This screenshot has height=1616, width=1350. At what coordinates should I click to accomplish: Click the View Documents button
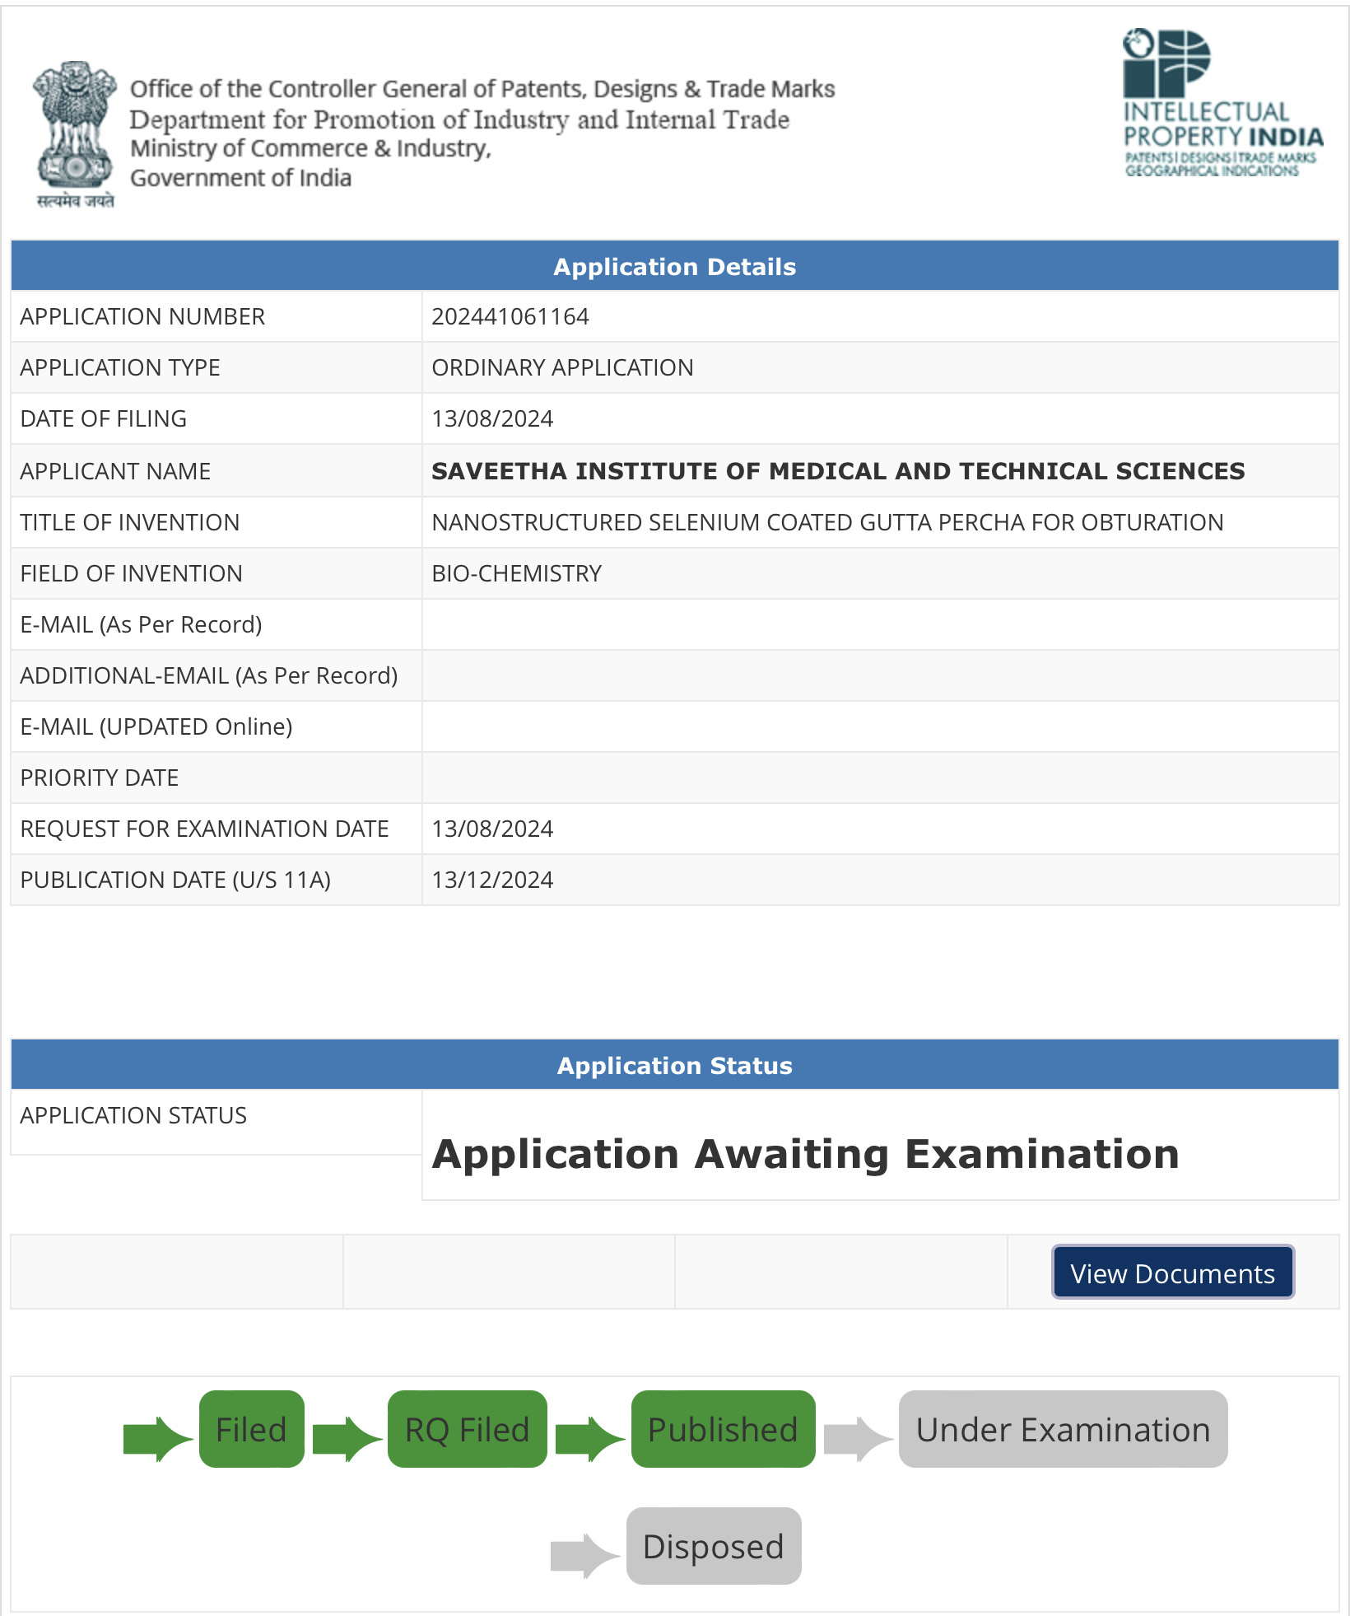coord(1172,1273)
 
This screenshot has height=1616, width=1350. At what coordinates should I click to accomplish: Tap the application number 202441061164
coord(510,316)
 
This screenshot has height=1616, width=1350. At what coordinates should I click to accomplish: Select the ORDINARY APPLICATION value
coord(562,367)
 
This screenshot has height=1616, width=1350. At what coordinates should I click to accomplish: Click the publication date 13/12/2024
coord(492,880)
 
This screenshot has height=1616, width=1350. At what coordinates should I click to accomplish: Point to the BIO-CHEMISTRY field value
coord(516,573)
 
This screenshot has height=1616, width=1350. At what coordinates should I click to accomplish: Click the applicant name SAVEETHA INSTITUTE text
coord(837,471)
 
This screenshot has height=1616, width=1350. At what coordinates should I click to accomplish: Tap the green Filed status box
coord(251,1429)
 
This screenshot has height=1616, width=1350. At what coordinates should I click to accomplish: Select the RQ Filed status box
coord(467,1429)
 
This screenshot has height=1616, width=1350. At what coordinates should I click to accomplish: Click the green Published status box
coord(723,1429)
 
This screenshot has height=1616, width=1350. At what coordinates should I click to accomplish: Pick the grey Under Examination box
coord(1063,1429)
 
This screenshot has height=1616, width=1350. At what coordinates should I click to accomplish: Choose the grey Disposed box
coord(713,1546)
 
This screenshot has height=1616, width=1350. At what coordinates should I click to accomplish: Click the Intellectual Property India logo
coord(1222,104)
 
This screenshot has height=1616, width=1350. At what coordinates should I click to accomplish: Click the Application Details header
coord(674,266)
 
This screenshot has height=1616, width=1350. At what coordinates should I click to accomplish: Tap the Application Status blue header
coord(674,1065)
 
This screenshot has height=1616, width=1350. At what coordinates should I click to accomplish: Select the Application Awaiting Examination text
coord(805,1154)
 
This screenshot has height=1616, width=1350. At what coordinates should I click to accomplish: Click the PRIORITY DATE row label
coord(100,778)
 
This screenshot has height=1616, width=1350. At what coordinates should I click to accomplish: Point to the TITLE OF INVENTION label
coord(130,522)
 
